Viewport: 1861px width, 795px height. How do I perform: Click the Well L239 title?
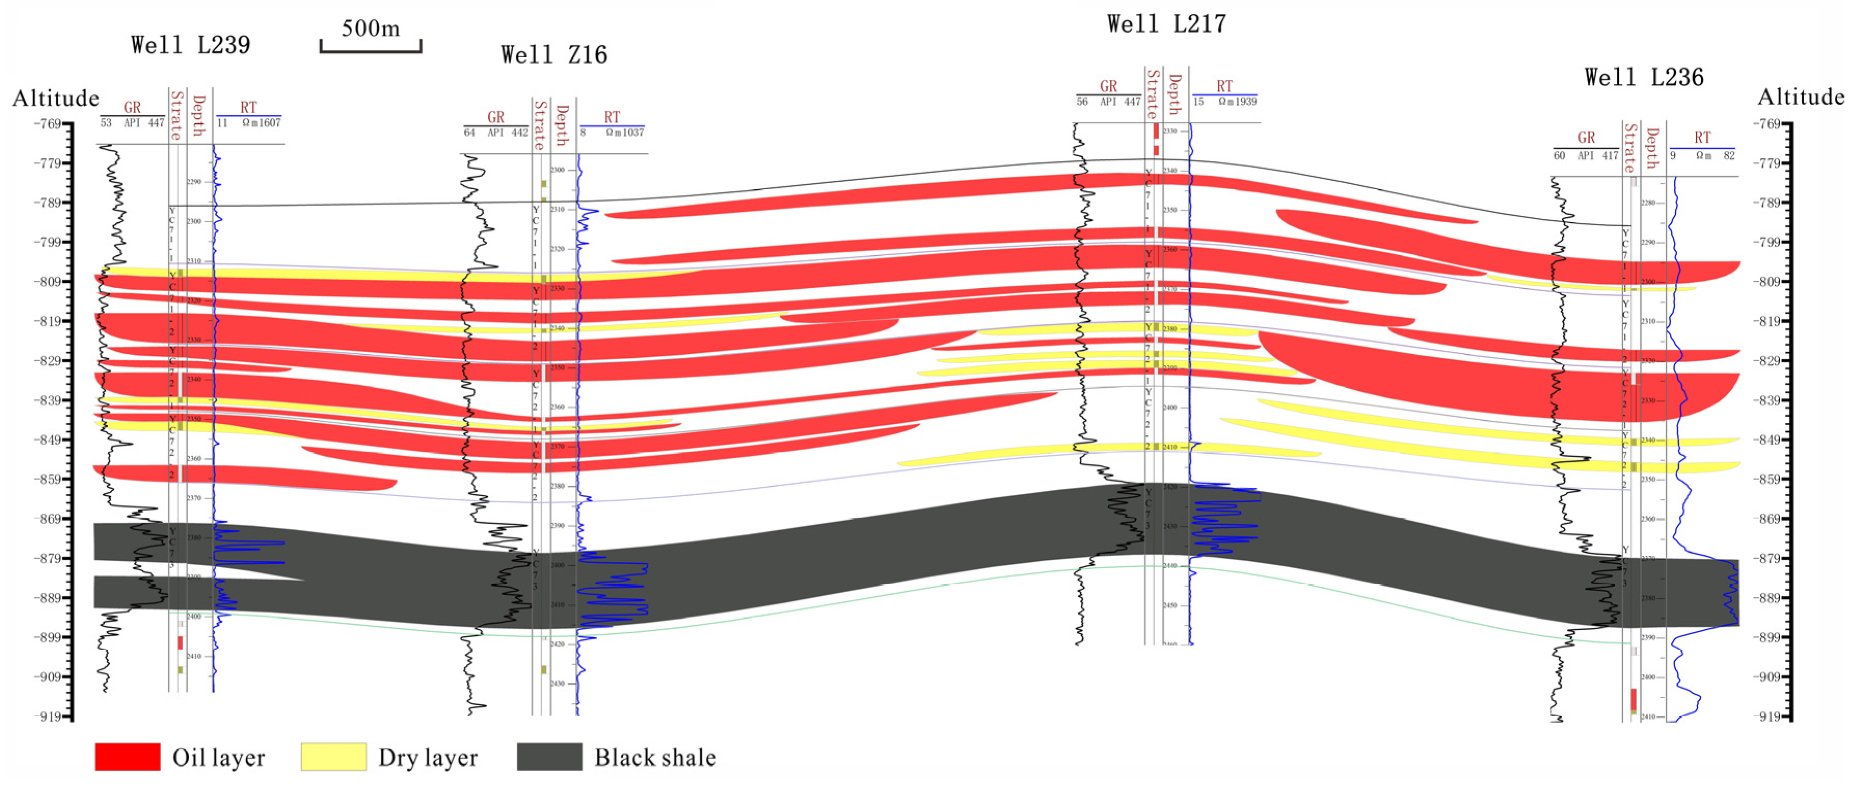190,45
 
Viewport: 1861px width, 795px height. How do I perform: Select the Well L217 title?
1166,24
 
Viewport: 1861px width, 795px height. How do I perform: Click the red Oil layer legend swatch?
127,757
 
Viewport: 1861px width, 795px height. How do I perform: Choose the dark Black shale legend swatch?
549,757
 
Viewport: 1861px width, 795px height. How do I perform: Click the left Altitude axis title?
55,98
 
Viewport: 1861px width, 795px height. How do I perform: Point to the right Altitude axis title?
1800,97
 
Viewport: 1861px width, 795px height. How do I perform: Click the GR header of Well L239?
132,107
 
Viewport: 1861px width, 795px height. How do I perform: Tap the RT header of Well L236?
1702,137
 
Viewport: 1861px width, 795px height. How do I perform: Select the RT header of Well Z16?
612,117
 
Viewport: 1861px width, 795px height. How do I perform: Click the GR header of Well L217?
1108,86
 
